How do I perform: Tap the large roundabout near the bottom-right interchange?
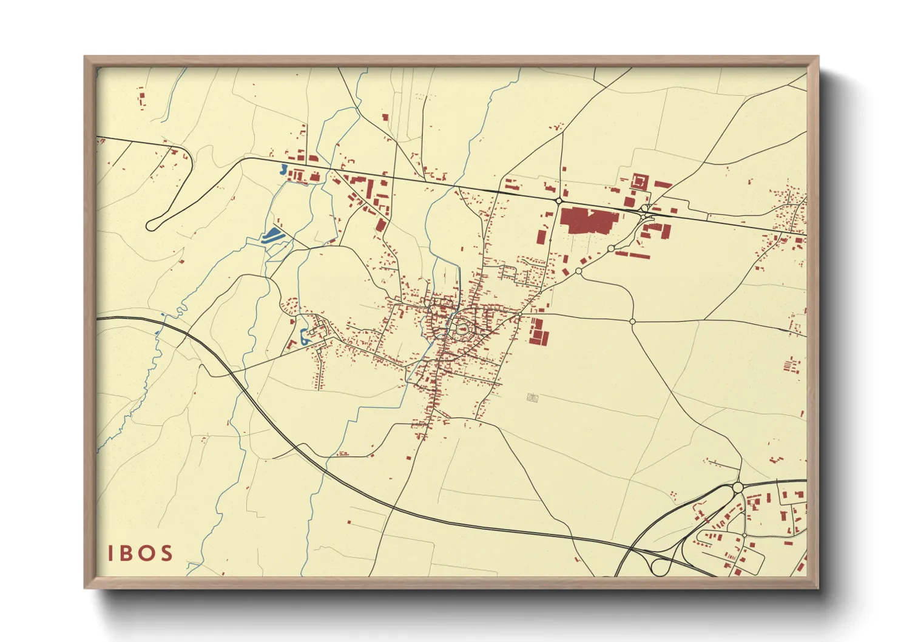pyautogui.click(x=738, y=487)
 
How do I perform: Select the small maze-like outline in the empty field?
pyautogui.click(x=533, y=398)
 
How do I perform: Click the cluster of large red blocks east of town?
pyautogui.click(x=536, y=331)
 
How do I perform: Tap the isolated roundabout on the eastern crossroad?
pyautogui.click(x=632, y=321)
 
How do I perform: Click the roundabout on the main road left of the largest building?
pyautogui.click(x=558, y=200)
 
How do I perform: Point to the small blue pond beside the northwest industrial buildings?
pyautogui.click(x=283, y=169)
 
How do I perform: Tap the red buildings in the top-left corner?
pyautogui.click(x=142, y=97)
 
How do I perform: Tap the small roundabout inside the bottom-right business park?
pyautogui.click(x=744, y=535)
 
